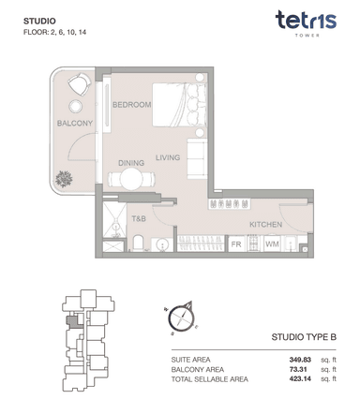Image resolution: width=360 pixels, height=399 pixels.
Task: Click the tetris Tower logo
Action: (x=306, y=23)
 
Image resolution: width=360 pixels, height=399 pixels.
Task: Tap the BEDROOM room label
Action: (x=131, y=105)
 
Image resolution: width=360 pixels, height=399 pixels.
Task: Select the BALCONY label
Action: (x=75, y=124)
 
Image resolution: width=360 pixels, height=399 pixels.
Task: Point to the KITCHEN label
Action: (x=265, y=225)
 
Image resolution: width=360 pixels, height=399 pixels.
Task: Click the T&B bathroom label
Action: (x=139, y=218)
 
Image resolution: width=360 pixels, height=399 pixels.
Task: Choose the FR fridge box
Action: (x=236, y=244)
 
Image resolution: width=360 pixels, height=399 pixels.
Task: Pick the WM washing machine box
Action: (x=272, y=244)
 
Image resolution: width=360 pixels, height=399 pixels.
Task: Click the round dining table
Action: (x=131, y=179)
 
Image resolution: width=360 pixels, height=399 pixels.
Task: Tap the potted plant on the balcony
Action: (x=64, y=179)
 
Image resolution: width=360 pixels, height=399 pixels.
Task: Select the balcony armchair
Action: (x=80, y=84)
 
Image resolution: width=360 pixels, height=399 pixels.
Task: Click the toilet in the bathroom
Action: (x=138, y=244)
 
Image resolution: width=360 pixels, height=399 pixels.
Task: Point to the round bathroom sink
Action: (x=162, y=244)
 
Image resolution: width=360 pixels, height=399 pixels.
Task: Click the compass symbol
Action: (x=181, y=318)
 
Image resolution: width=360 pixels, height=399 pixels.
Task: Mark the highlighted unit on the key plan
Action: (x=71, y=321)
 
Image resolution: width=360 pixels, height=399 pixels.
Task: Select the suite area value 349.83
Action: (x=300, y=360)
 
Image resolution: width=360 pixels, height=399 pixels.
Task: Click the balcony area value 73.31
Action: (x=298, y=370)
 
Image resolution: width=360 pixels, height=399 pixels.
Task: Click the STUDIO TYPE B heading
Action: (x=304, y=337)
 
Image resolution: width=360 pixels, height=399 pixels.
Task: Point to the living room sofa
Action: (x=197, y=159)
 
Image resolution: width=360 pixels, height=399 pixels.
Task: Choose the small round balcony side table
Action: (x=75, y=107)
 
